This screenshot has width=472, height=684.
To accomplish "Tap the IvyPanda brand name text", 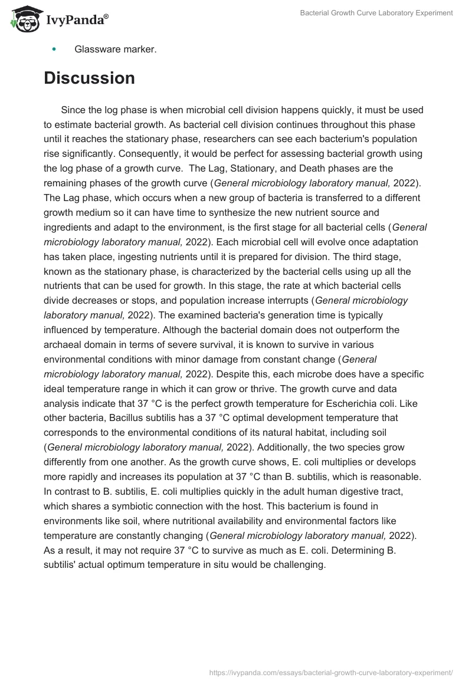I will click(77, 21).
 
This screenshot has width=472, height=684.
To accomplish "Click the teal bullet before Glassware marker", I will click(54, 50).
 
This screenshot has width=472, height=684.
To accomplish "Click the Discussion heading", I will click(89, 78).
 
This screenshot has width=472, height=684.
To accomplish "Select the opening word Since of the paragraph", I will click(73, 110).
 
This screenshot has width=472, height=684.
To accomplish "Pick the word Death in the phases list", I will click(313, 169).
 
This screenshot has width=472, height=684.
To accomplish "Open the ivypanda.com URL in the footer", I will click(331, 672).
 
